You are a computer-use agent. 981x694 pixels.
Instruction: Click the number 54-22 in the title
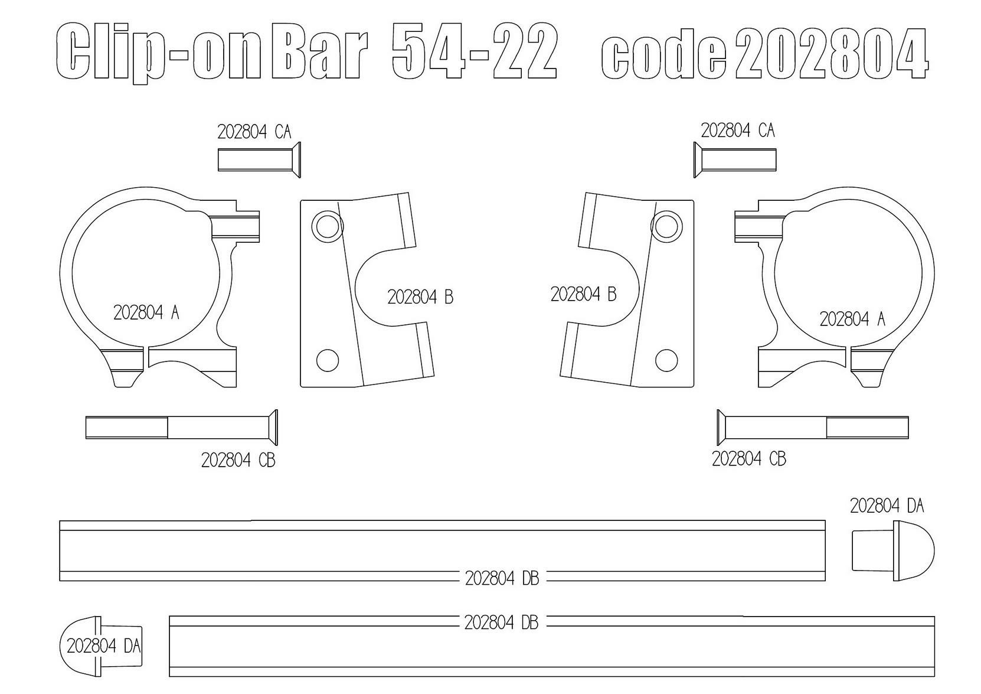475,51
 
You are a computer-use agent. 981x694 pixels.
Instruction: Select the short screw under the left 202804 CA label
259,159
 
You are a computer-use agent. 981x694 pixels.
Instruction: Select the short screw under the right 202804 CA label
735,159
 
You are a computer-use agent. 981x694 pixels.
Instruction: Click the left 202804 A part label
146,312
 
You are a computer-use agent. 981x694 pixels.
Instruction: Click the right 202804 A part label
852,319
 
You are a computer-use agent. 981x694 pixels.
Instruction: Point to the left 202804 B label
420,297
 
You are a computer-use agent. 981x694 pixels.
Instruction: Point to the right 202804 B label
583,294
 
